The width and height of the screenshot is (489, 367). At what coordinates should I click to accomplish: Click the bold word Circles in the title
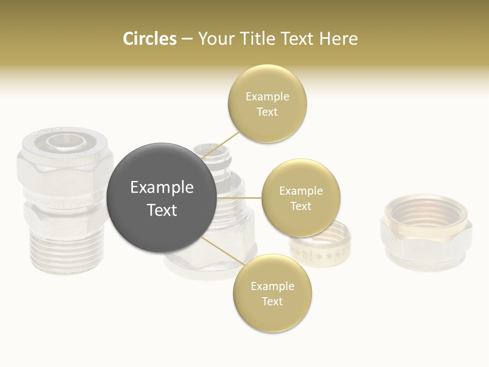point(150,39)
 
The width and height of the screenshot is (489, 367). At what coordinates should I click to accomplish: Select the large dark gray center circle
point(162,198)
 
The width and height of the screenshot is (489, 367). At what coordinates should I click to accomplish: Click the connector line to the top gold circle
point(221,145)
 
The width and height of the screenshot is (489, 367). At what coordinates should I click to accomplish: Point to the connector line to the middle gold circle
point(239,198)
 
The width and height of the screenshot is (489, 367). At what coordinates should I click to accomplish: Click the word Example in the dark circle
point(162,188)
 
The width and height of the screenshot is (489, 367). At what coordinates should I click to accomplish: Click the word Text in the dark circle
point(162,210)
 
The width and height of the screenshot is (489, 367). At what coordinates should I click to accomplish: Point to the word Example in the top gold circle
point(267,96)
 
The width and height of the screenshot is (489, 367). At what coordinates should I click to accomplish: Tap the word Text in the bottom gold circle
point(272,301)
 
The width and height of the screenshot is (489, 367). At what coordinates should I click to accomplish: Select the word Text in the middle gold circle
point(301,206)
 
